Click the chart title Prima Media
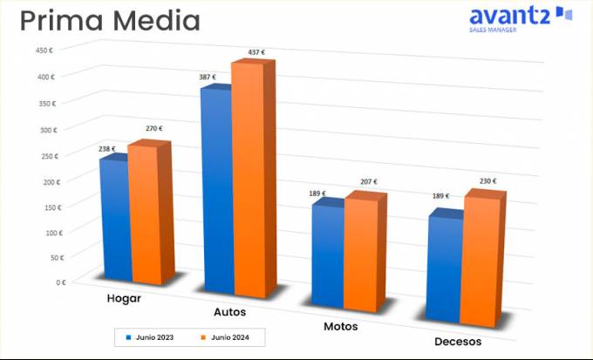coord(110,20)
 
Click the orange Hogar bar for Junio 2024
coord(145,214)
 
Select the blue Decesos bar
coord(445,266)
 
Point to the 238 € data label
coord(107,149)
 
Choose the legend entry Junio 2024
coord(228,336)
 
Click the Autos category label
coord(229,312)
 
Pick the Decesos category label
coord(458,342)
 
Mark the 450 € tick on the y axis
coord(45,50)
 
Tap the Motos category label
coord(340,327)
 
